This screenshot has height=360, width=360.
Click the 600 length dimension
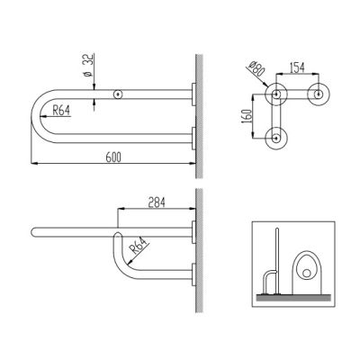[x=113, y=157]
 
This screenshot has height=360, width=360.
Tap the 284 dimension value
[x=157, y=202]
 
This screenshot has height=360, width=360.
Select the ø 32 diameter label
[x=89, y=66]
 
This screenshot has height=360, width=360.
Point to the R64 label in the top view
[x=61, y=111]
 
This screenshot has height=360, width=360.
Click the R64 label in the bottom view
[x=140, y=246]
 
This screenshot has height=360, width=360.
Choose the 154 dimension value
[x=297, y=67]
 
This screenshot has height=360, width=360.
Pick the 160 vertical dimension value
[x=247, y=116]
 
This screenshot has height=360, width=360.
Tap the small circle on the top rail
[x=118, y=94]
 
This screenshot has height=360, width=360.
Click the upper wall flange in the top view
[x=193, y=94]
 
